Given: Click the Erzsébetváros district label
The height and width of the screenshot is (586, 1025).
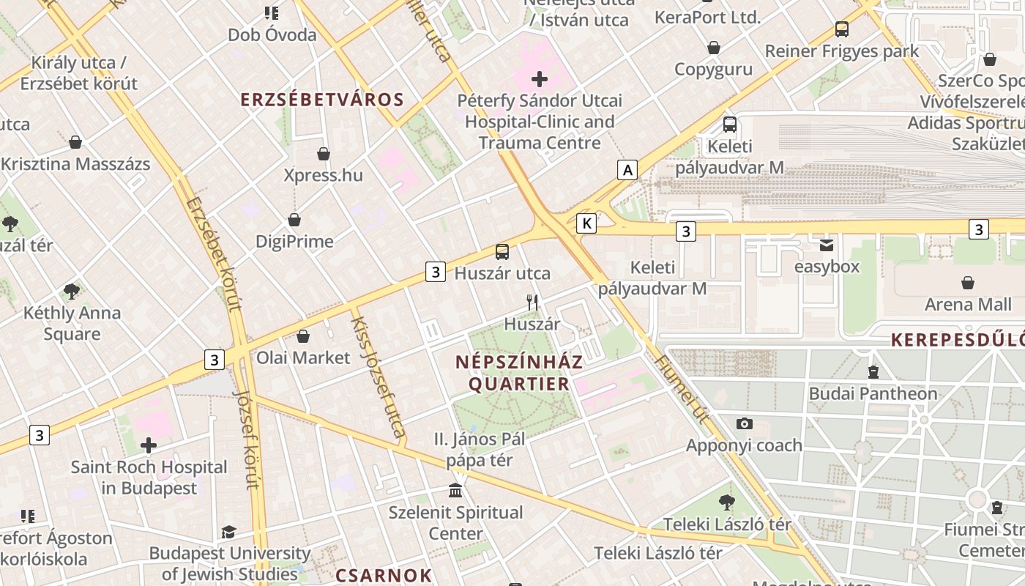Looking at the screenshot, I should tap(322, 100).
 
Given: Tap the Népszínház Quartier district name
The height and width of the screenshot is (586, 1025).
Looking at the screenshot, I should tap(519, 373).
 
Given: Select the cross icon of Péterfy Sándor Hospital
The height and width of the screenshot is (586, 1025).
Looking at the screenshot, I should tap(540, 78).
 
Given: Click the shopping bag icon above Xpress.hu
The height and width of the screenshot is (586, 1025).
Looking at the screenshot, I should tap(323, 154).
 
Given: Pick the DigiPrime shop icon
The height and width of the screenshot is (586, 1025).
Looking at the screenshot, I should tap(294, 220).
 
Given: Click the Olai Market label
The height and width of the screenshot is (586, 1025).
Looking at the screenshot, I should tap(303, 358).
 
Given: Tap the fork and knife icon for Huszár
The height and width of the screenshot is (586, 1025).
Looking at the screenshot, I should tap(532, 302).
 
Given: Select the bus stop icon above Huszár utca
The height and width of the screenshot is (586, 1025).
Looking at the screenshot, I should tap(502, 252).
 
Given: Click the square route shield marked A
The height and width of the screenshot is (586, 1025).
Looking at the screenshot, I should tap(627, 171).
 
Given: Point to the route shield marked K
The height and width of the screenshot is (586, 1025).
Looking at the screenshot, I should tap(586, 223).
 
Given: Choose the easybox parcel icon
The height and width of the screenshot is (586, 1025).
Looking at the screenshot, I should tap(827, 245).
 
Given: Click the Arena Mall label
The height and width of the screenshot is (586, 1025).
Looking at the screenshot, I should tap(968, 305).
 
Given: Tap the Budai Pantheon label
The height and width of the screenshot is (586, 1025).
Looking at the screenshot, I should tap(873, 393).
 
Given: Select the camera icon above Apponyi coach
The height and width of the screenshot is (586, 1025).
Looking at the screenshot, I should tap(744, 424).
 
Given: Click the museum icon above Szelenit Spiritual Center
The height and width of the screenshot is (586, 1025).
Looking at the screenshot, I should tap(455, 490).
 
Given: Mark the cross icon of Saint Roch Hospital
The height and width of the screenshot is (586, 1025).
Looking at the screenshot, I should tap(149, 445).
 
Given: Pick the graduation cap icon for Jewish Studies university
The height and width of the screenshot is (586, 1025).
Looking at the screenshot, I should tap(229, 532).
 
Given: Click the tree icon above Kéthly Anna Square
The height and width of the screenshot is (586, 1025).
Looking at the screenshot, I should tap(72, 292).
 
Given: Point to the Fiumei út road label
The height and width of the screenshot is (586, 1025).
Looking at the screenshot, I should tap(682, 389).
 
